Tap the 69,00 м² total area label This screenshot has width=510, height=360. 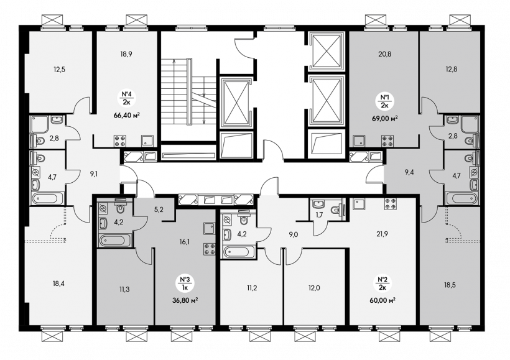point(386,118)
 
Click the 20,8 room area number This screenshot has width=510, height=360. point(385,54)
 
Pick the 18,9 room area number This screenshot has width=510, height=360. point(126,54)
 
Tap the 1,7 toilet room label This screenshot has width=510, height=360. point(319,215)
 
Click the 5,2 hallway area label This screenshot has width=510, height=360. point(159,210)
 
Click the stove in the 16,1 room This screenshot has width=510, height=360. point(210,249)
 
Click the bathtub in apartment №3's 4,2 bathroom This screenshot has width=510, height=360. point(113,241)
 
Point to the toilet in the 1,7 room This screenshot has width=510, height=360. point(338,210)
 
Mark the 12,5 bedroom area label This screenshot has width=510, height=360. point(60,69)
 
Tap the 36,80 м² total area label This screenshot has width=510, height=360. point(185,300)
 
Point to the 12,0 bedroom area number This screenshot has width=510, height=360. point(314,288)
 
